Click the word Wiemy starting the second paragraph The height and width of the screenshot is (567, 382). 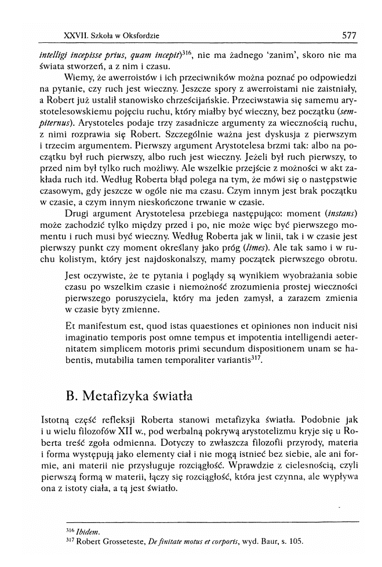[x=79, y=77]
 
